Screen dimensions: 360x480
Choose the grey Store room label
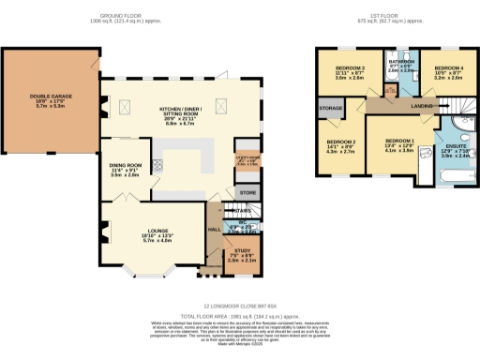tap(247, 192)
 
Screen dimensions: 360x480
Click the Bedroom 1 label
tap(399, 143)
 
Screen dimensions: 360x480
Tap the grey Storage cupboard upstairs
tap(330, 109)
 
